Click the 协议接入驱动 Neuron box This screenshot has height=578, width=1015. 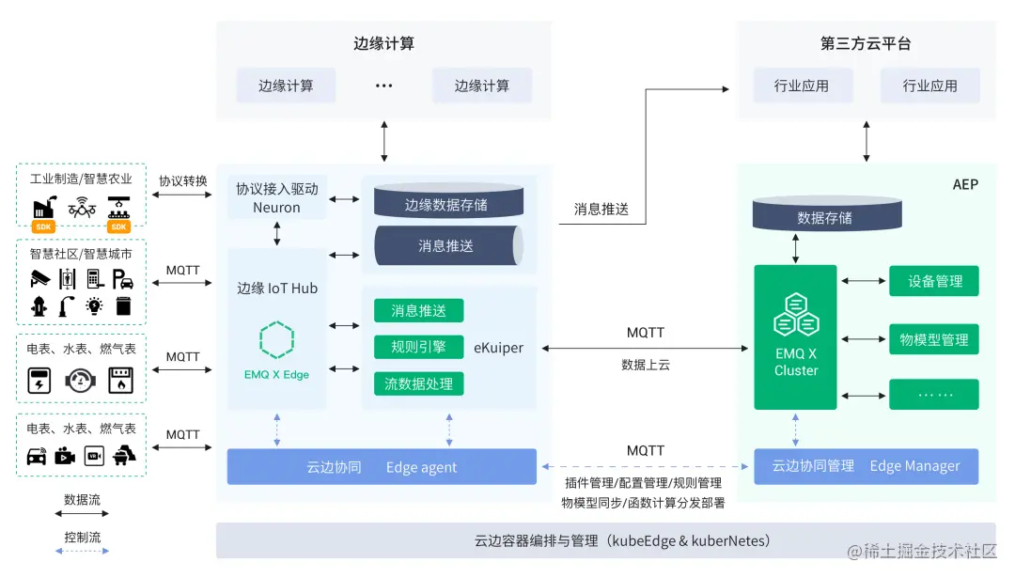(x=276, y=198)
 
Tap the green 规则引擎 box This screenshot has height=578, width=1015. (x=418, y=347)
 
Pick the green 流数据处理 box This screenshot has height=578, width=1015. (x=418, y=383)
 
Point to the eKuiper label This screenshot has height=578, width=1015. (x=497, y=348)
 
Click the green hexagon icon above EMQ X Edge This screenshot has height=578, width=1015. (x=276, y=340)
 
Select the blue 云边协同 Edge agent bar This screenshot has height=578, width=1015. (x=382, y=467)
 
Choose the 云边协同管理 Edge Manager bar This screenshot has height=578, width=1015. (x=865, y=466)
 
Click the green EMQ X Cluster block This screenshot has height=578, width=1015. (x=795, y=336)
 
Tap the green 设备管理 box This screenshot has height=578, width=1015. (x=934, y=281)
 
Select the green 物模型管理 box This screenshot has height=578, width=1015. (x=934, y=339)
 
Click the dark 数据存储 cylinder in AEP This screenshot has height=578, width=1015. (x=824, y=217)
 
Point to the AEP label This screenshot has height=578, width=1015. (x=964, y=184)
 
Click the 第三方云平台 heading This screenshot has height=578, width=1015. (x=865, y=44)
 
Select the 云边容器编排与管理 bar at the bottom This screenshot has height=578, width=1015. (x=605, y=540)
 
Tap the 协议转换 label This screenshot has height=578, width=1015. (x=183, y=180)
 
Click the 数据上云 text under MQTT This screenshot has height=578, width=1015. (x=645, y=365)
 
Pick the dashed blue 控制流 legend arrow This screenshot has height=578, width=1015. (x=82, y=552)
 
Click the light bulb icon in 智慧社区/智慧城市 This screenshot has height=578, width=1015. (x=94, y=305)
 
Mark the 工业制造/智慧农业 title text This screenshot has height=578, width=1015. (x=81, y=179)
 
